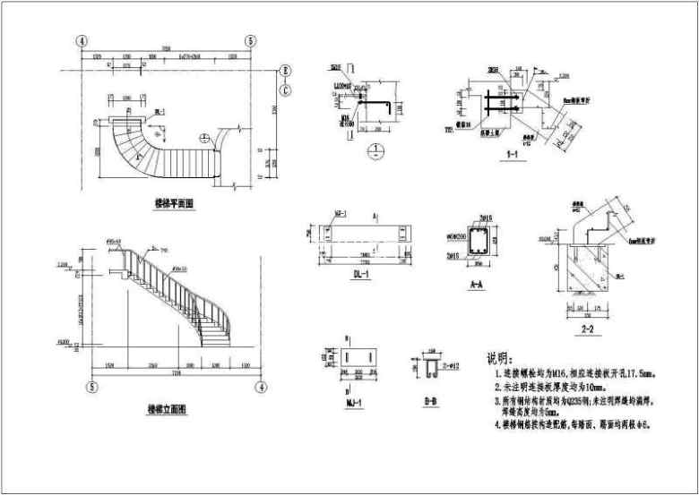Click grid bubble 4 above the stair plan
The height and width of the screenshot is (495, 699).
coord(82,41)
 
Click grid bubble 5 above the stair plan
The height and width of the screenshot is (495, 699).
coord(250,41)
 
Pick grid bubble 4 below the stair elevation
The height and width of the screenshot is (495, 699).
coord(261,387)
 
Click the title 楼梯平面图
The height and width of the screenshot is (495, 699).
coord(174,204)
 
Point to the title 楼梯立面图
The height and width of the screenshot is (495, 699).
coord(167,409)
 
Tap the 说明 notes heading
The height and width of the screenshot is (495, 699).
coord(499,357)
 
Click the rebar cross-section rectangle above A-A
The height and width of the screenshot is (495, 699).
coord(478,241)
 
